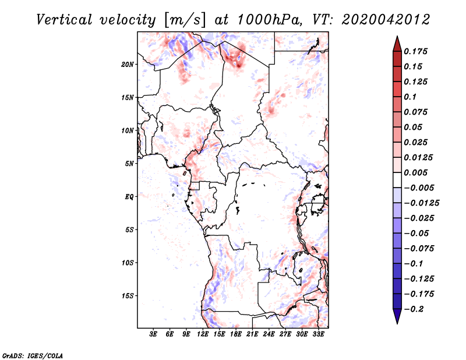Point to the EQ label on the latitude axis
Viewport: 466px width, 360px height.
pos(129,197)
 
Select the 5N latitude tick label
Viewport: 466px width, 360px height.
pos(129,164)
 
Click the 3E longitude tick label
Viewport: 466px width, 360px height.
pos(154,335)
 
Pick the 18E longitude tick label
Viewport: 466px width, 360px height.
pos(236,335)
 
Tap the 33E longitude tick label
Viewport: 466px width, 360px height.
pos(318,335)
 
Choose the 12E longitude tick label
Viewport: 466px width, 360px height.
pos(203,335)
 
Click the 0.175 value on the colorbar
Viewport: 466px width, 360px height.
pos(416,51)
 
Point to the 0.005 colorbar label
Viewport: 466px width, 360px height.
pos(416,173)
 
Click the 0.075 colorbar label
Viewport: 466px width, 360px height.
pos(416,112)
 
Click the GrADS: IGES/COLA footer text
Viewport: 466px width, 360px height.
pos(33,355)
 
